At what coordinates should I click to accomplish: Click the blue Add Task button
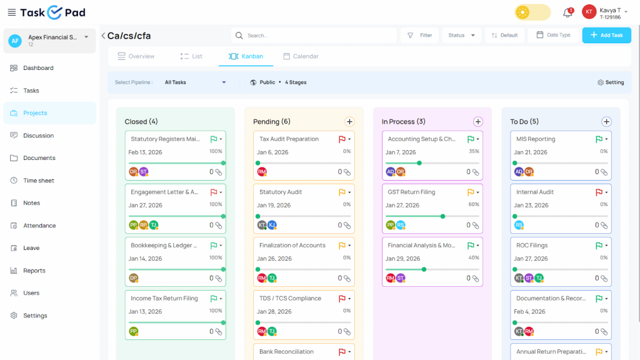point(606,35)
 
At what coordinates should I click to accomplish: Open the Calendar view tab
point(301,56)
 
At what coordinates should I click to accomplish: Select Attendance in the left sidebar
point(39,226)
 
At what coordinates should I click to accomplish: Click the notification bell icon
point(567,12)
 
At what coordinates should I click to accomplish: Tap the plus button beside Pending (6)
point(349,122)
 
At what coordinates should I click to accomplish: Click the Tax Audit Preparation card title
point(289,139)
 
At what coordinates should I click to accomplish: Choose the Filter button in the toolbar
point(419,35)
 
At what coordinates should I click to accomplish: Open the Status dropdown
point(462,35)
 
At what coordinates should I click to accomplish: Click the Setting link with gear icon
point(611,82)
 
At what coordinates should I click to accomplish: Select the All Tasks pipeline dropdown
point(195,82)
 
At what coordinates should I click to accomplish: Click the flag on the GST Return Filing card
point(471,192)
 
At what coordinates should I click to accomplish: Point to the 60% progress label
point(473,204)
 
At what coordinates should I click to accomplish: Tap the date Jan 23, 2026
point(531,205)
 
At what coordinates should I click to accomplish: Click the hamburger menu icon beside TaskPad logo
point(11,12)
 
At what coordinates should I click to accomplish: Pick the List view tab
point(191,56)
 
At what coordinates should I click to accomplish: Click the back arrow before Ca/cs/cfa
point(103,36)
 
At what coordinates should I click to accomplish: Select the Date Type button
point(553,35)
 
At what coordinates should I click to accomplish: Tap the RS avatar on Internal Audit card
point(519,225)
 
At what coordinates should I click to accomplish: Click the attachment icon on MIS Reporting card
point(604,172)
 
